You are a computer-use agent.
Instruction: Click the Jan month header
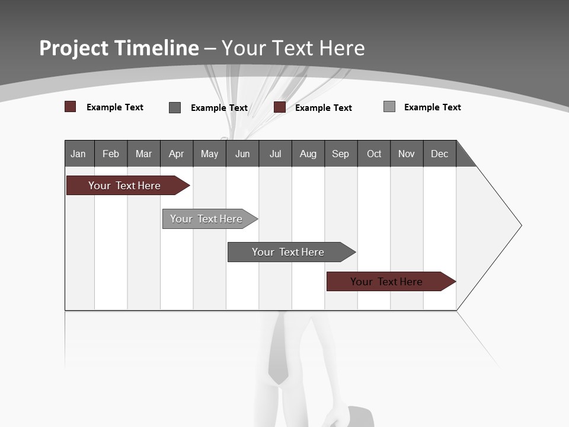[79, 154]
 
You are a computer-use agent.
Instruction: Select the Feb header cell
[111, 154]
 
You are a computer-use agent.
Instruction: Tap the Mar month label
[143, 154]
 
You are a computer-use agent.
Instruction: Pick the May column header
[209, 154]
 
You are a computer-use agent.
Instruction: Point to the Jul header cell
[275, 154]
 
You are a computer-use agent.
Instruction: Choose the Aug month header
[308, 154]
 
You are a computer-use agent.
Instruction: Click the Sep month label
[341, 154]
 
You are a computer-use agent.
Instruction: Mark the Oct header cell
[374, 154]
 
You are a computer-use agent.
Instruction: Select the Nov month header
[407, 154]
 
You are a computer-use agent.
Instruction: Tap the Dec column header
[440, 154]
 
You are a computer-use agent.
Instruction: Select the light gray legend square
[389, 107]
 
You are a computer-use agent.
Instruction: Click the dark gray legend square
[175, 107]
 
